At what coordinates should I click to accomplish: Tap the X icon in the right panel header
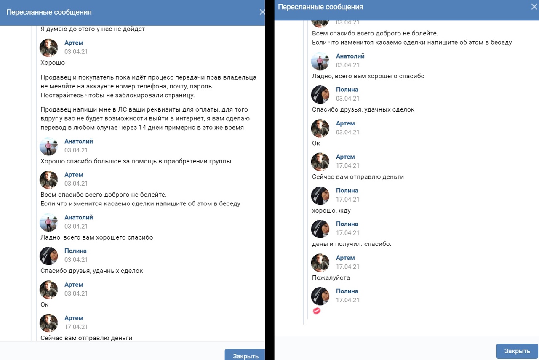point(534,7)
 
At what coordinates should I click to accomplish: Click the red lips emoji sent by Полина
point(317,311)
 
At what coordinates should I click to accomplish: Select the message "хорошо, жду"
point(331,211)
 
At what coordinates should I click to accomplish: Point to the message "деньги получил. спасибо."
point(352,244)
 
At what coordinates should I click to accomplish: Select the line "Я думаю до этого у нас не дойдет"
point(93,29)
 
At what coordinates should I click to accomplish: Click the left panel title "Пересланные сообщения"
point(49,12)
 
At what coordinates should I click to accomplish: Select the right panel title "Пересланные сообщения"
point(320,7)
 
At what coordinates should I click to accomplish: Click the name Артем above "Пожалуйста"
point(345,258)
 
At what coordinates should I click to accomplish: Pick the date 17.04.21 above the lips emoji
point(347,300)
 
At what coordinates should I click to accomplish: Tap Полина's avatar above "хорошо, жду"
point(320,195)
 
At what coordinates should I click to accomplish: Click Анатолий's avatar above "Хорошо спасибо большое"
point(48,146)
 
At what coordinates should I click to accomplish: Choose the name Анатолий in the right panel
point(350,56)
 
